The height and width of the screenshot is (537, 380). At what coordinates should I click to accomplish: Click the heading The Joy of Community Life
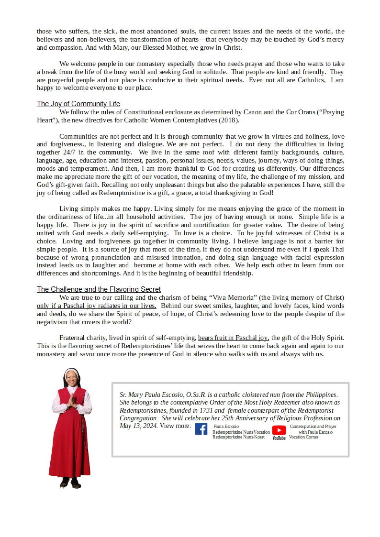pos(78,104)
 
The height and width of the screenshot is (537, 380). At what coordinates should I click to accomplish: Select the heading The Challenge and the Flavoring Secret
pos(99,289)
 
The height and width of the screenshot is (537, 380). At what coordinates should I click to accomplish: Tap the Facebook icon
pos(201,429)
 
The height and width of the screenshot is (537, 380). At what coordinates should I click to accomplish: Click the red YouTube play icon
pos(279,430)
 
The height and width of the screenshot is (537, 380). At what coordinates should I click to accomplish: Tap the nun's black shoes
pos(70,484)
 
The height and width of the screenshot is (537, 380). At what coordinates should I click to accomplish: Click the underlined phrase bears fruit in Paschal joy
pos(234,338)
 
